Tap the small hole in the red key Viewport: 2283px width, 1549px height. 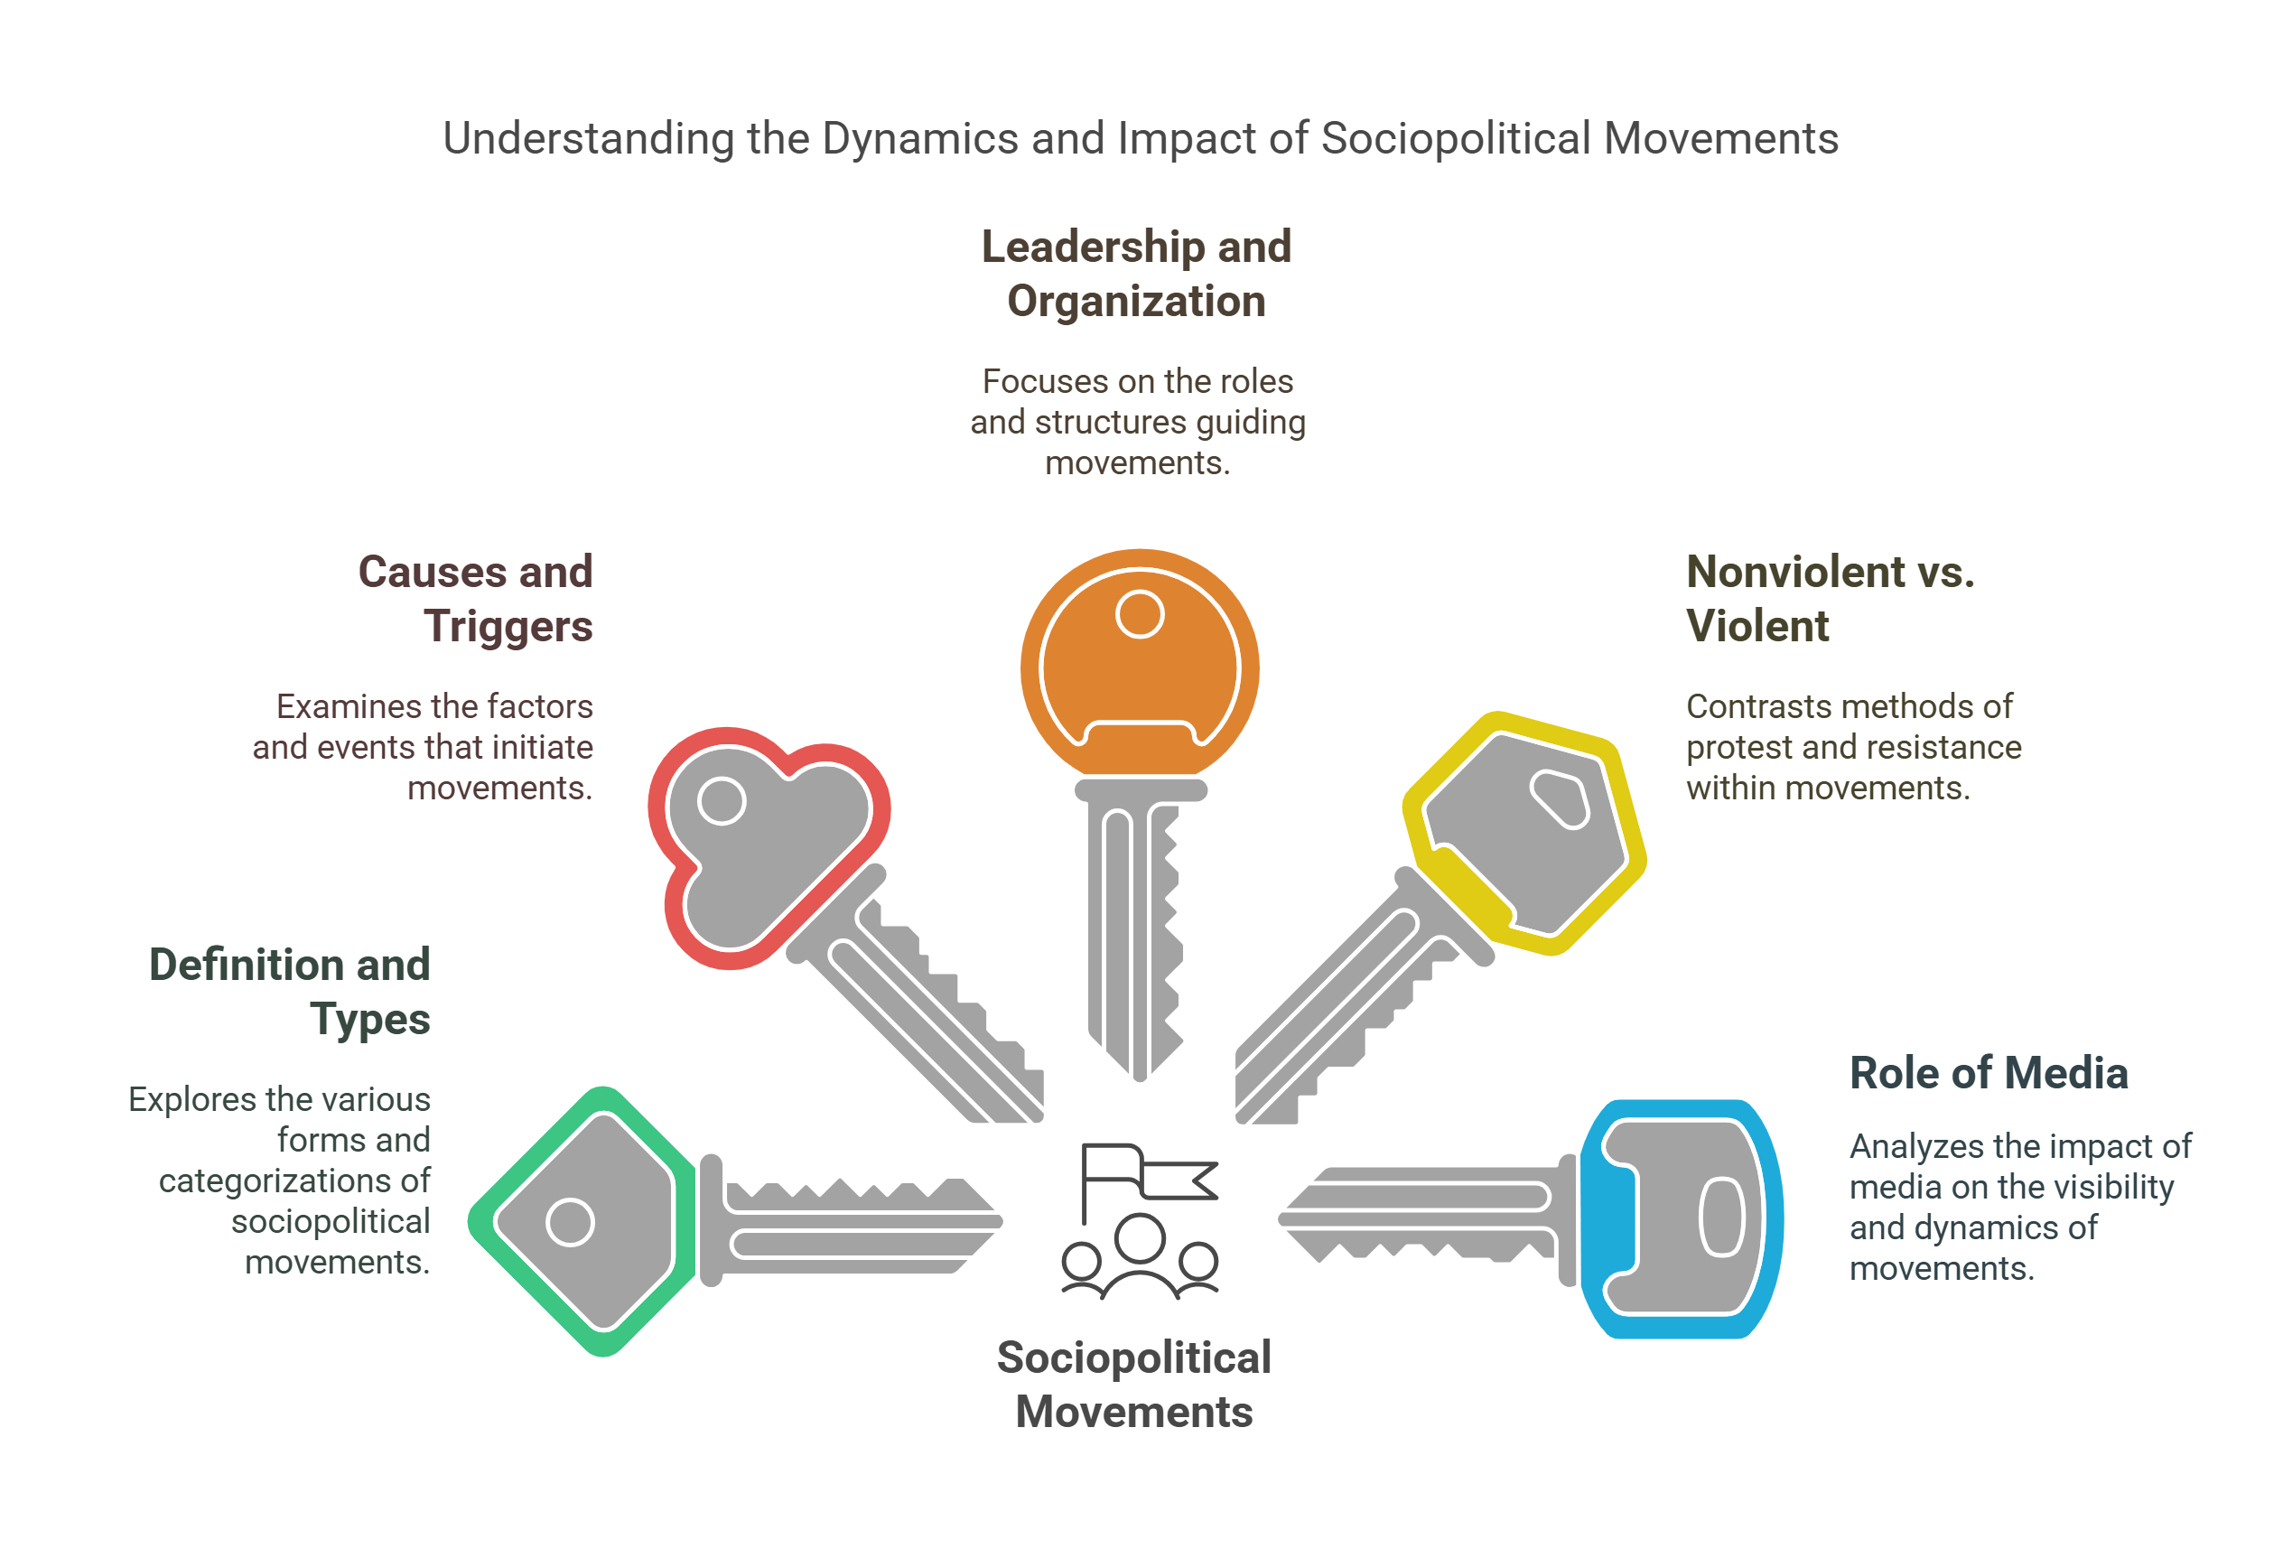(x=722, y=800)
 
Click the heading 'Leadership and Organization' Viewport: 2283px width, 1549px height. (x=1137, y=273)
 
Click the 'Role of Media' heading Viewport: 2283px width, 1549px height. (x=1988, y=1073)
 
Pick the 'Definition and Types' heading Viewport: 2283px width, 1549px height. (x=291, y=991)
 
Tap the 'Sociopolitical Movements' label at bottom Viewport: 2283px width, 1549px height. (x=1133, y=1384)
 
